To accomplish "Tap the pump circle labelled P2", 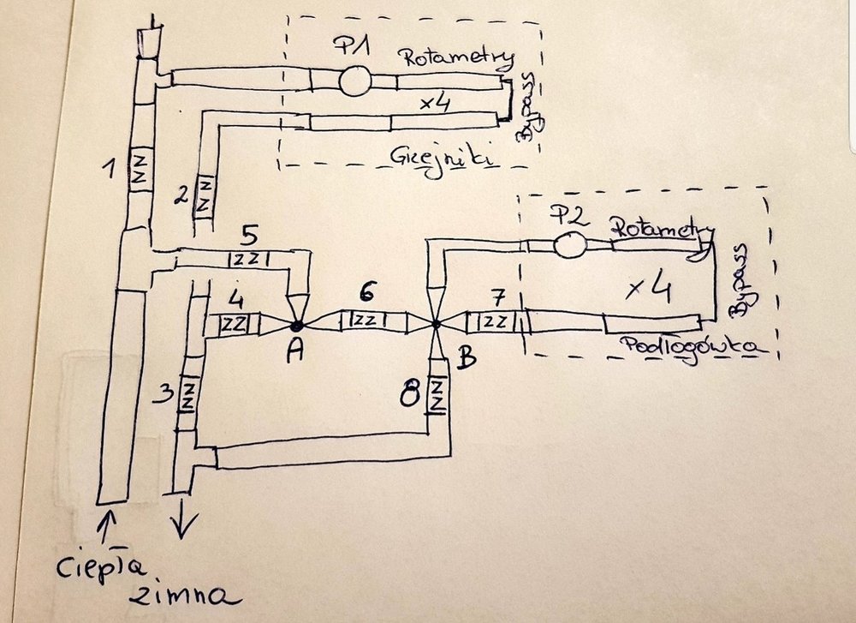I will click(x=568, y=245).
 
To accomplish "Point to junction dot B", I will click(x=436, y=325).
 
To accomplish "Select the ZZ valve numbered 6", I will click(x=363, y=320).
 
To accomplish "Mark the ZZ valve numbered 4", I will click(x=234, y=324).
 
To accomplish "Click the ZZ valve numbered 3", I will click(x=189, y=395).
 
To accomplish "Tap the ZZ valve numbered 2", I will click(x=204, y=196).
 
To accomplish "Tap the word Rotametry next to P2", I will click(x=662, y=229).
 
